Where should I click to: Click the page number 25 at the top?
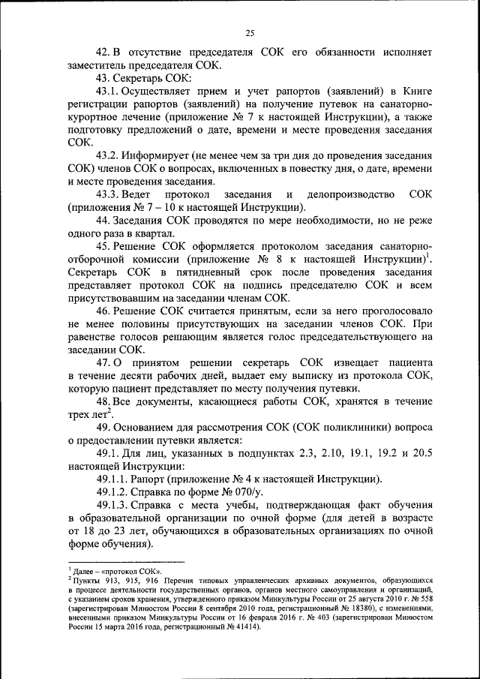[250, 32]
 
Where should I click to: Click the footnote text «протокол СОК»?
[121, 571]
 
